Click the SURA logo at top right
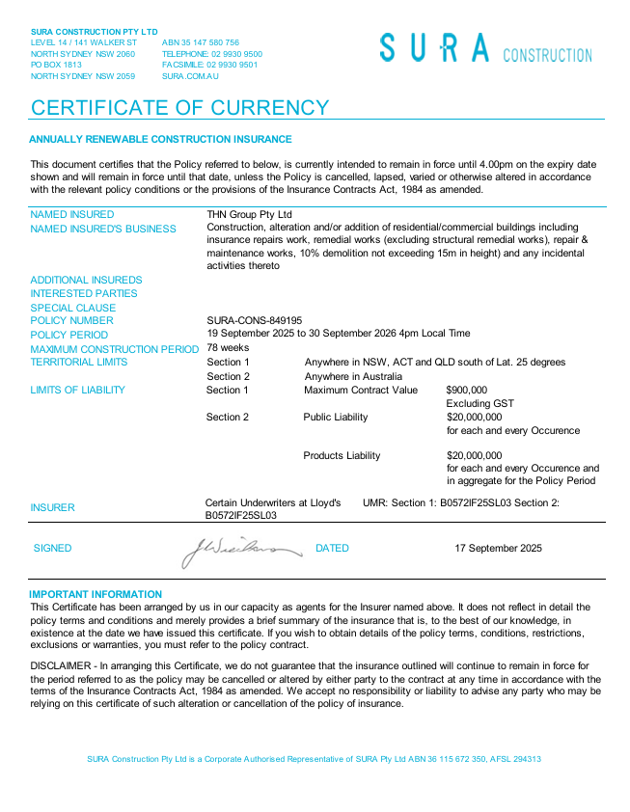coord(485,48)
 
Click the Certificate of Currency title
coord(179,107)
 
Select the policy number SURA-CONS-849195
coord(255,320)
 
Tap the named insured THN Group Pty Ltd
coord(249,214)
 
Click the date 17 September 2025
coord(498,548)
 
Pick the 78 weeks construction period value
coord(228,347)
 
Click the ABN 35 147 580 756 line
coord(201,42)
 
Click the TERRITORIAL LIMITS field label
coord(78,363)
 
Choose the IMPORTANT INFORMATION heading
coord(96,594)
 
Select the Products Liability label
coord(342,455)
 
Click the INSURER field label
coord(52,507)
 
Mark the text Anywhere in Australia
coord(355,376)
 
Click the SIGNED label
coord(52,548)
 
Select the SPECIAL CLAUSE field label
coord(72,308)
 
